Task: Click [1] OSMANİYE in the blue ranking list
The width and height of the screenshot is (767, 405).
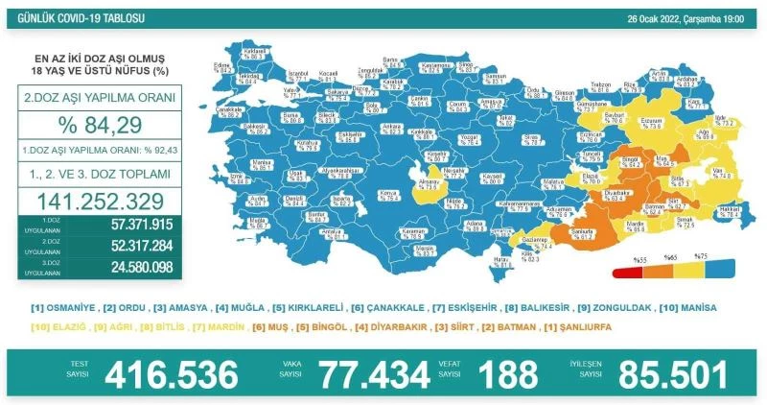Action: coord(64,308)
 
